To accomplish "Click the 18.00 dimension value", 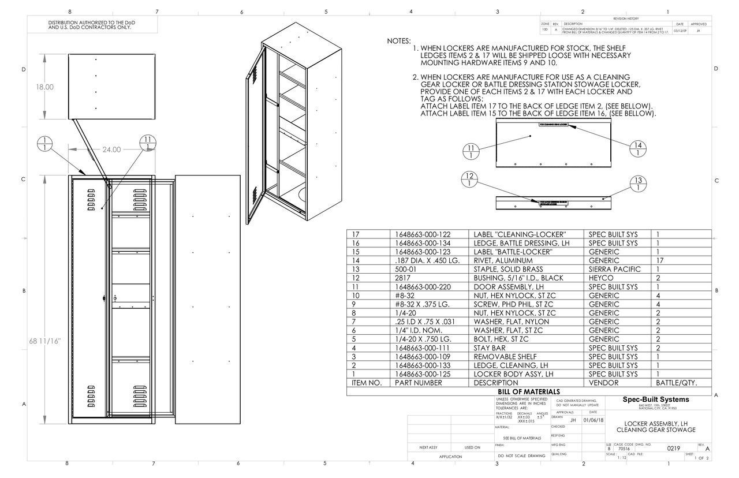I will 45,87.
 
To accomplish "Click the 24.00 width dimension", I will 111,150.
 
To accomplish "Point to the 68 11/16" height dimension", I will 45,341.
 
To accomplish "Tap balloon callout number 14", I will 638,149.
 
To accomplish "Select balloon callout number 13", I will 638,184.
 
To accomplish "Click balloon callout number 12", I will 469,180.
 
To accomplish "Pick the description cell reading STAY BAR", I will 490,348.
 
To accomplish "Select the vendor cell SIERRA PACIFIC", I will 614,269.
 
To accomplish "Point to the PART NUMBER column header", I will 419,383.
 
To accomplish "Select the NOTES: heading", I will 399,41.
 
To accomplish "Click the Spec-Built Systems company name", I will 656,399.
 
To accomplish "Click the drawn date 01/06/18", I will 593,420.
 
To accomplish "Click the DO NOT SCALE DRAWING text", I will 521,456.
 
